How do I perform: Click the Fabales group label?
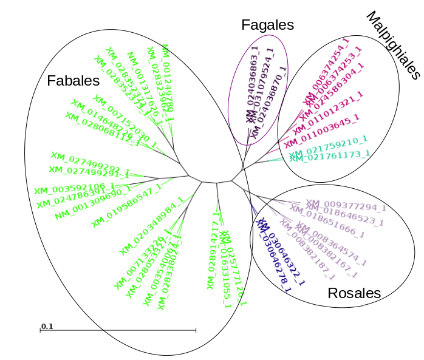[73, 81]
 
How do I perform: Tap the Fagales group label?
[267, 25]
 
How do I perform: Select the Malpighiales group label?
[394, 46]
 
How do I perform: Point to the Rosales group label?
[354, 293]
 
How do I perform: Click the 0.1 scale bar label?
[47, 327]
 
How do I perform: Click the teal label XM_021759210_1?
[327, 146]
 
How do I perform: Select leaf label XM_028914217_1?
[213, 250]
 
